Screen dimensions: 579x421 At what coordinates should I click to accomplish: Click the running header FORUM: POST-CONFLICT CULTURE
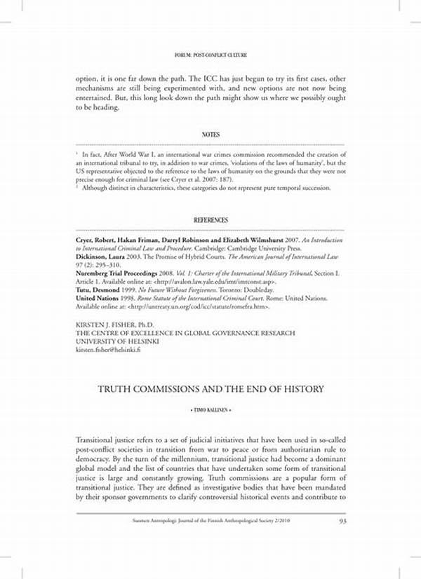[210, 55]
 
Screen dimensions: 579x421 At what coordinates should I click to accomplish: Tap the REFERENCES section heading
[210, 220]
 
